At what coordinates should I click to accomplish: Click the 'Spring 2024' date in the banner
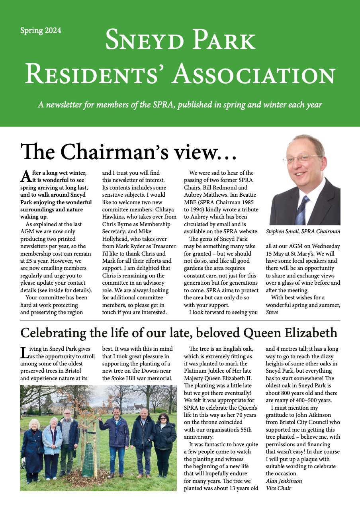point(41,31)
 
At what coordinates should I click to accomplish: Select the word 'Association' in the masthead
point(254,75)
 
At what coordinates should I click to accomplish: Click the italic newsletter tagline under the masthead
point(180,105)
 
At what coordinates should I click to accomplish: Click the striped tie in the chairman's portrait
point(301,209)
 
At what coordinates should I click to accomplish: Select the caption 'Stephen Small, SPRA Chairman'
point(303,231)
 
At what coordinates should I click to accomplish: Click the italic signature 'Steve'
point(272,313)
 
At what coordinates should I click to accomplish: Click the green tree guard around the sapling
point(88,454)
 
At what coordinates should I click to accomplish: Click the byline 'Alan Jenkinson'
point(284,481)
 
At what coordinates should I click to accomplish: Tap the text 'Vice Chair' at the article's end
point(278,488)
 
